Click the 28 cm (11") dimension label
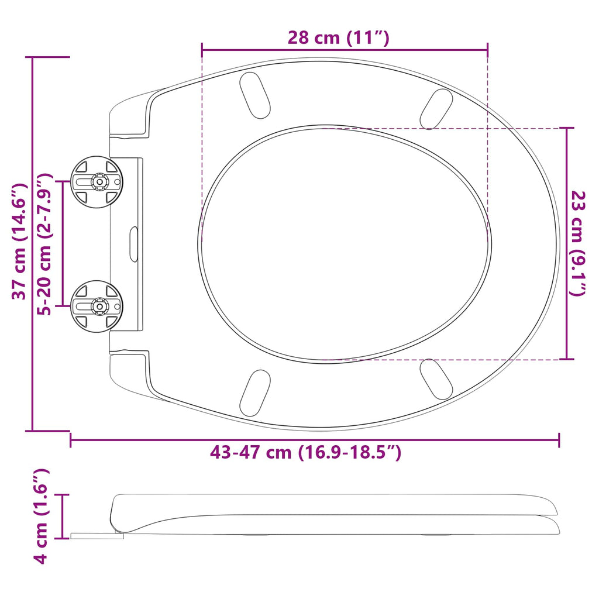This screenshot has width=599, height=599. pos(338,38)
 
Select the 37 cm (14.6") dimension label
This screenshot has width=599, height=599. pos(19,242)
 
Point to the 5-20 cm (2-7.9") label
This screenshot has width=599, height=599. pos(44,244)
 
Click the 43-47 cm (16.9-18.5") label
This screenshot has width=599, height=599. pos(305,453)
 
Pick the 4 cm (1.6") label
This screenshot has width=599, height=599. pos(40,516)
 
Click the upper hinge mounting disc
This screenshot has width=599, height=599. pos(97,182)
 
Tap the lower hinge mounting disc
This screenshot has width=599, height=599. pos(97,306)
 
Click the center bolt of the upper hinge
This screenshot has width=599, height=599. pos(99,182)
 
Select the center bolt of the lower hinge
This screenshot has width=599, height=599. pos(99,306)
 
